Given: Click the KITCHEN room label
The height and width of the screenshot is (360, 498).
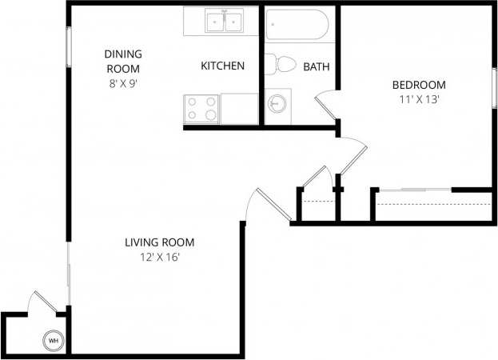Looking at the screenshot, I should [x=222, y=66].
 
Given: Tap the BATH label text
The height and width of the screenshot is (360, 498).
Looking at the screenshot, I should [x=317, y=66].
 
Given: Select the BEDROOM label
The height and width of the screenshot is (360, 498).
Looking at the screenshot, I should [x=418, y=85].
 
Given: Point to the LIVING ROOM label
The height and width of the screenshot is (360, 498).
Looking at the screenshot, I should [x=160, y=242].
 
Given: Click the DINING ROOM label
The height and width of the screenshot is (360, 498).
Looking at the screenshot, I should [x=123, y=60].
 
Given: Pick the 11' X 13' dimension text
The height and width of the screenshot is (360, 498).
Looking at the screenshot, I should [x=418, y=100].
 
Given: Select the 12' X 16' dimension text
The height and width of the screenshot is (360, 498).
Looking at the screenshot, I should [x=160, y=257].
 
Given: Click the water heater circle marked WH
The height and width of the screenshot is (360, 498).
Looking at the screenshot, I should [x=54, y=341].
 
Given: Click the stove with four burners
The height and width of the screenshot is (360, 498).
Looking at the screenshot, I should [x=201, y=109].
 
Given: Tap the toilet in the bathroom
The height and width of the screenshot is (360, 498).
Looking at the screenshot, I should [x=281, y=64].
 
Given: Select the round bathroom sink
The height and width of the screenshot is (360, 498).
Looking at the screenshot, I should [x=277, y=104].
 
